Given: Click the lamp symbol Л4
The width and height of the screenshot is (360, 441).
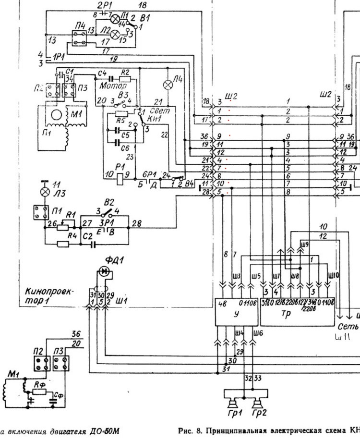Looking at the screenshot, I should click(168, 85).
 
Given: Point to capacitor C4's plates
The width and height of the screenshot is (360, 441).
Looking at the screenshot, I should click(110, 77).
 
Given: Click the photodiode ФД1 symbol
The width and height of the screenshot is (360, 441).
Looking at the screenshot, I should click(104, 272).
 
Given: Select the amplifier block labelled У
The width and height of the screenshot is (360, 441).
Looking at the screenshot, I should click(235, 313).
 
